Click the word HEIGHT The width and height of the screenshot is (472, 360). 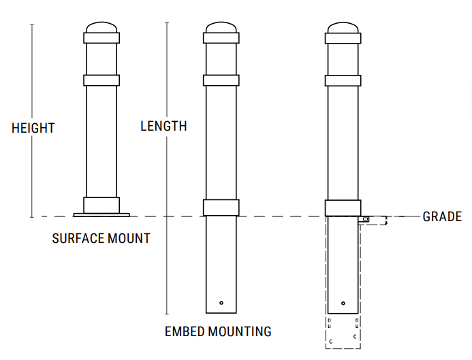pyautogui.click(x=33, y=128)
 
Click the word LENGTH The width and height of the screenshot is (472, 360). pyautogui.click(x=163, y=126)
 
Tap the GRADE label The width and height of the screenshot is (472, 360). pyautogui.click(x=442, y=217)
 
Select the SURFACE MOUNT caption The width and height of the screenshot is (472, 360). pyautogui.click(x=101, y=239)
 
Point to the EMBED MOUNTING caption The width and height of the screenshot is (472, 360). pyautogui.click(x=218, y=332)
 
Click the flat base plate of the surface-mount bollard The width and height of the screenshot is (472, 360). pyautogui.click(x=101, y=215)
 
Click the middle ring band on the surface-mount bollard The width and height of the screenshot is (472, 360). pyautogui.click(x=101, y=80)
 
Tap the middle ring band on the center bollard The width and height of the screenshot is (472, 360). pyautogui.click(x=221, y=80)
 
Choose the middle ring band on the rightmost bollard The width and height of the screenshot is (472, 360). pyautogui.click(x=343, y=80)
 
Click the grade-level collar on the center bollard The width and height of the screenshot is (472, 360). pyautogui.click(x=221, y=208)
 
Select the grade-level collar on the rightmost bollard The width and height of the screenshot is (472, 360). pyautogui.click(x=343, y=208)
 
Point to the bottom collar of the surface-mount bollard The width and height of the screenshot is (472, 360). pyautogui.click(x=101, y=205)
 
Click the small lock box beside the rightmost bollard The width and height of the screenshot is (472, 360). pyautogui.click(x=366, y=219)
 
